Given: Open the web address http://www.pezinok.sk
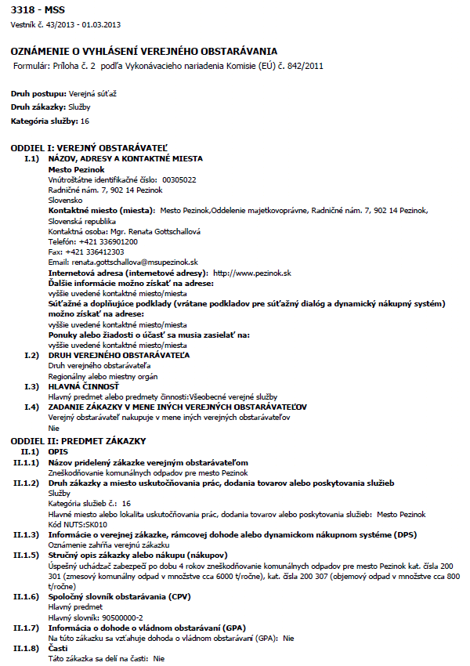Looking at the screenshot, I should (x=252, y=272).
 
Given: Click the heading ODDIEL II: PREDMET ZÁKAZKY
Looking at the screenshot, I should (x=78, y=442).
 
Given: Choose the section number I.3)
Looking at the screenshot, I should (x=31, y=386).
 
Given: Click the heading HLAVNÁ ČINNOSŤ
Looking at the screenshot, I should (x=83, y=386).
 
